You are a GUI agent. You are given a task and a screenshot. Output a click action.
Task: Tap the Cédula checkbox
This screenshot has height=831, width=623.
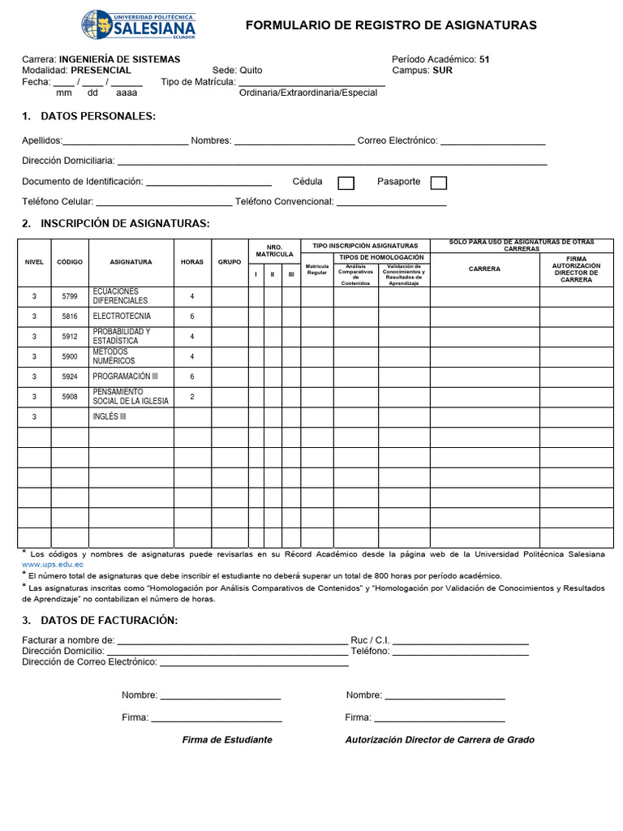[x=346, y=183]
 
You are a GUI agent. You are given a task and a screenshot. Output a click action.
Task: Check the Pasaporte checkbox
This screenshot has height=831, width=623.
[x=438, y=183]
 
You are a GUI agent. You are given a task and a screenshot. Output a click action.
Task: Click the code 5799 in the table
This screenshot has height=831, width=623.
[x=70, y=296]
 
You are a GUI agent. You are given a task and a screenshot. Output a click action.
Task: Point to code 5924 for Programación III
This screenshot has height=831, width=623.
[x=70, y=377]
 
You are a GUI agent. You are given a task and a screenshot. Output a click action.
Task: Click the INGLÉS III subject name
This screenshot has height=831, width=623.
[x=110, y=417]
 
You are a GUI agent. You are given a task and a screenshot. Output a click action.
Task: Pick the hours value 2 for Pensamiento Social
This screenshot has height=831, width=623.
[x=192, y=397]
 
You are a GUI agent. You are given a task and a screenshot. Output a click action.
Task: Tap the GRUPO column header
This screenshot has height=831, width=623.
[x=230, y=262]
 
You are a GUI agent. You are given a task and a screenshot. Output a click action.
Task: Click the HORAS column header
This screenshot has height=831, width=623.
[x=192, y=262]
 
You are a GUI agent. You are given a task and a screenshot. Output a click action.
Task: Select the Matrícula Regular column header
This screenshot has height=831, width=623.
[x=317, y=269]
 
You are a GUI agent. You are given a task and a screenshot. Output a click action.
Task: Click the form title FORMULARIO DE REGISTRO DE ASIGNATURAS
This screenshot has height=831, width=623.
[x=391, y=25]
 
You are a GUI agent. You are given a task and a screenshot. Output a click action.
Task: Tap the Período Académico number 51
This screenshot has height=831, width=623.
[x=484, y=59]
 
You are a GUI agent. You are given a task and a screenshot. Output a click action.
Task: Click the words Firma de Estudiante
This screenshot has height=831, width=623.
[x=227, y=740]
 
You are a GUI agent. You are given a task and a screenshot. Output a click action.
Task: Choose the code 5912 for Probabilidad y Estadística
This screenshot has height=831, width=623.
[x=70, y=336]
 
